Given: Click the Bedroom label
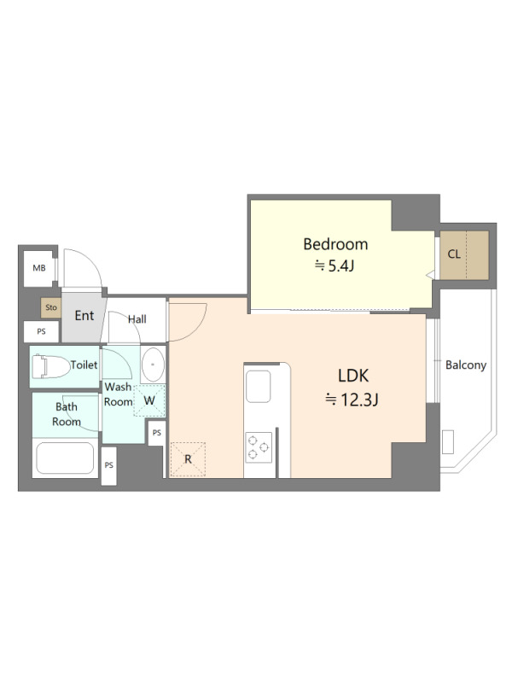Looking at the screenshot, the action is (x=335, y=244).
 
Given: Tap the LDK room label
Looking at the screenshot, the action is (x=353, y=376).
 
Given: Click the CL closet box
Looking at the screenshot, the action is (x=464, y=255).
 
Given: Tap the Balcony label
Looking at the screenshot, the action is (x=465, y=365).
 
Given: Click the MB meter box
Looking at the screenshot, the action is (x=39, y=268).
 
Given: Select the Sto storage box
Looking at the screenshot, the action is (x=51, y=307).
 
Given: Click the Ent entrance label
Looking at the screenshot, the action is (x=84, y=315).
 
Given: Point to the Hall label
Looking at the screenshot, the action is (x=137, y=319).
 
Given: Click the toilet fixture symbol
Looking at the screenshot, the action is (x=51, y=367).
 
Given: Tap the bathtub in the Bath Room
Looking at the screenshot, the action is (x=66, y=458).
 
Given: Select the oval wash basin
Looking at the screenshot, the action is (x=153, y=365).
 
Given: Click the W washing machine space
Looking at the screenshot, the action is (x=149, y=400).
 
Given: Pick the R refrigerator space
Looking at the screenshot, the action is (x=188, y=459).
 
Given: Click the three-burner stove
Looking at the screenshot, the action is (x=259, y=447).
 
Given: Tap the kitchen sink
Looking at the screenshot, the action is (x=259, y=387).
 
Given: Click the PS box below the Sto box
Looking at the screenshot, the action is (x=41, y=331).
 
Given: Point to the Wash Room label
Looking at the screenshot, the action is (x=119, y=394).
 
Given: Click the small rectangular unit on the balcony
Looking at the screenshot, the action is (x=448, y=442).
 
